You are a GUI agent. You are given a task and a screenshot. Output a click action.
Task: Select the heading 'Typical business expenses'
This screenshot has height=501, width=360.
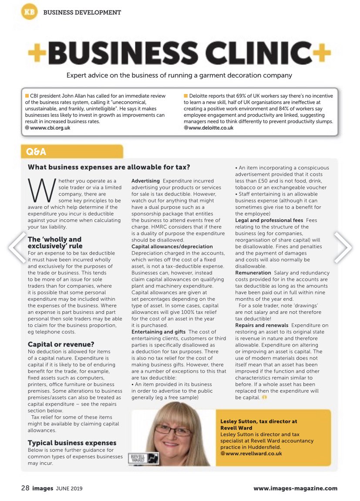click(x=72, y=443)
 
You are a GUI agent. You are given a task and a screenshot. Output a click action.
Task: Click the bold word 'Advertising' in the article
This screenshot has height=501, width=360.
click(x=145, y=181)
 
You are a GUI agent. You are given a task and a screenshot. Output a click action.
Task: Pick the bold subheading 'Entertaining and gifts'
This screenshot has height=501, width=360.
click(x=158, y=332)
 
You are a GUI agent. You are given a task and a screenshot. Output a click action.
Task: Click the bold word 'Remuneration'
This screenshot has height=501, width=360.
click(x=253, y=273)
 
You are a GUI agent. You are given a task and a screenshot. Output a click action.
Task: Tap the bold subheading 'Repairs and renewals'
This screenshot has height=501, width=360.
click(x=262, y=325)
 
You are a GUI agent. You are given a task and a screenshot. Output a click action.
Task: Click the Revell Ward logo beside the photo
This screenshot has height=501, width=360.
click(x=145, y=458)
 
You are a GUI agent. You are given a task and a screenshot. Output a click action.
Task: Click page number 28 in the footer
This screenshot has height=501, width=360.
click(x=25, y=488)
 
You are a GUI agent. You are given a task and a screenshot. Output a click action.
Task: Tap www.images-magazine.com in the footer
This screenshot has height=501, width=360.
click(x=295, y=488)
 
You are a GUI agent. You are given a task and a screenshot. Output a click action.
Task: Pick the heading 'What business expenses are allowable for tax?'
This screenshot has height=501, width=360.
click(x=109, y=167)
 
